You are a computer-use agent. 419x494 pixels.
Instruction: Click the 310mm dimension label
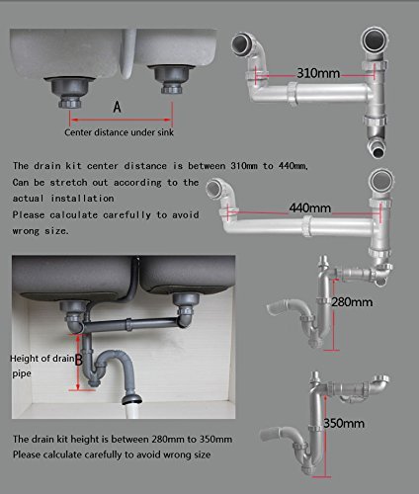[318, 73]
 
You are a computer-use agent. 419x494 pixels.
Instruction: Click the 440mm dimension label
[310, 208]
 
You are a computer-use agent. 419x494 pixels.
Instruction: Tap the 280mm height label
[352, 302]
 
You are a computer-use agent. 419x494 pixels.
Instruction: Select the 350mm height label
[344, 423]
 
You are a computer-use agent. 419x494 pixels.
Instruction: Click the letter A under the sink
[117, 107]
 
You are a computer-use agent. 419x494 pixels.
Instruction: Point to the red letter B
[78, 360]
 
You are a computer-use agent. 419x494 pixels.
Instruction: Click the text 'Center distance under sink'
[119, 132]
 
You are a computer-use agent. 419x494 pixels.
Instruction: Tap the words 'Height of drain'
[42, 359]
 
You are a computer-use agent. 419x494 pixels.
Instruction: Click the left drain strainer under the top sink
[70, 93]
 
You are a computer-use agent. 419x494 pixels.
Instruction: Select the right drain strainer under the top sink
[171, 79]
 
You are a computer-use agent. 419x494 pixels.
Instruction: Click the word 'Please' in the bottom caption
[26, 454]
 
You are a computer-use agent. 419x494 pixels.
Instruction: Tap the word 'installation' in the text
[82, 199]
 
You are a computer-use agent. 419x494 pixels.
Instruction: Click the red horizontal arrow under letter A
[122, 120]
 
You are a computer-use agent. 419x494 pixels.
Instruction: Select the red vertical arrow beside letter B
[78, 362]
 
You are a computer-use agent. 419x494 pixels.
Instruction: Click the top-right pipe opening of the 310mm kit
[375, 40]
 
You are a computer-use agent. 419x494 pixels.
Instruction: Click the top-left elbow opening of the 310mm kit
[242, 43]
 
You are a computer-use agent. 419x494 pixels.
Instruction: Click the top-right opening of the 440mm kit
[381, 181]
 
